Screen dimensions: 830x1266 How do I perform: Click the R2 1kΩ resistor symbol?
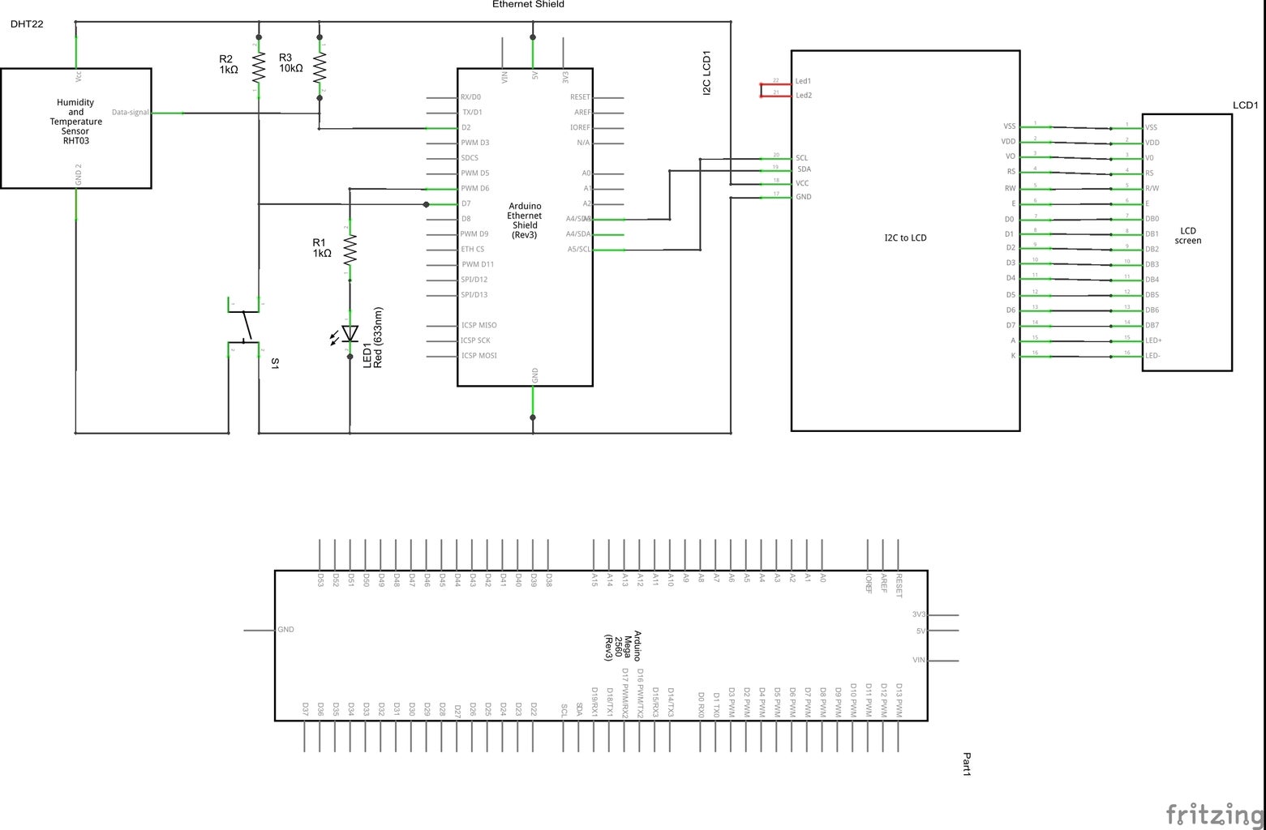pyautogui.click(x=259, y=68)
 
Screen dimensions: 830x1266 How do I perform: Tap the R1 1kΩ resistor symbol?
pyautogui.click(x=350, y=250)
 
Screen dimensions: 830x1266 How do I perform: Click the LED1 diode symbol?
pyautogui.click(x=350, y=333)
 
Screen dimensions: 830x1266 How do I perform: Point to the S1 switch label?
pyautogui.click(x=275, y=364)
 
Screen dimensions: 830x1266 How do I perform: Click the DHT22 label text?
pyautogui.click(x=27, y=24)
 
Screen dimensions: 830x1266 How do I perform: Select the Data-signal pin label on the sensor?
pyautogui.click(x=130, y=113)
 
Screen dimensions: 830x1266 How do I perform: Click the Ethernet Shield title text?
pyautogui.click(x=528, y=5)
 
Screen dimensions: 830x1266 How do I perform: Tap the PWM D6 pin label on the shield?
pyautogui.click(x=474, y=188)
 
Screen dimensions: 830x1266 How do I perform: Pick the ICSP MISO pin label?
pyautogui.click(x=479, y=325)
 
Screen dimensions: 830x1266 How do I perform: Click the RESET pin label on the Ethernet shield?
pyautogui.click(x=580, y=97)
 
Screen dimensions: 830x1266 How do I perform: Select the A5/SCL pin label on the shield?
pyautogui.click(x=579, y=250)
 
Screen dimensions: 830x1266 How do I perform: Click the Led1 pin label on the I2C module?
pyautogui.click(x=803, y=81)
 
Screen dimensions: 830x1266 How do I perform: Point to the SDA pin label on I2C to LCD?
pyautogui.click(x=804, y=169)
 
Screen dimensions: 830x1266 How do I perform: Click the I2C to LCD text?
pyautogui.click(x=905, y=238)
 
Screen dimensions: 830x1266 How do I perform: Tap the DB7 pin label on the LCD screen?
pyautogui.click(x=1152, y=326)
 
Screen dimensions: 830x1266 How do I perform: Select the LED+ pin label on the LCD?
pyautogui.click(x=1152, y=340)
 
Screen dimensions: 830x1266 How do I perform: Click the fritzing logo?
pyautogui.click(x=1214, y=813)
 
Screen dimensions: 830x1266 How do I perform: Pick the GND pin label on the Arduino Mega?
pyautogui.click(x=285, y=630)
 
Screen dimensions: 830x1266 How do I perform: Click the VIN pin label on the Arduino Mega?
pyautogui.click(x=919, y=661)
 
